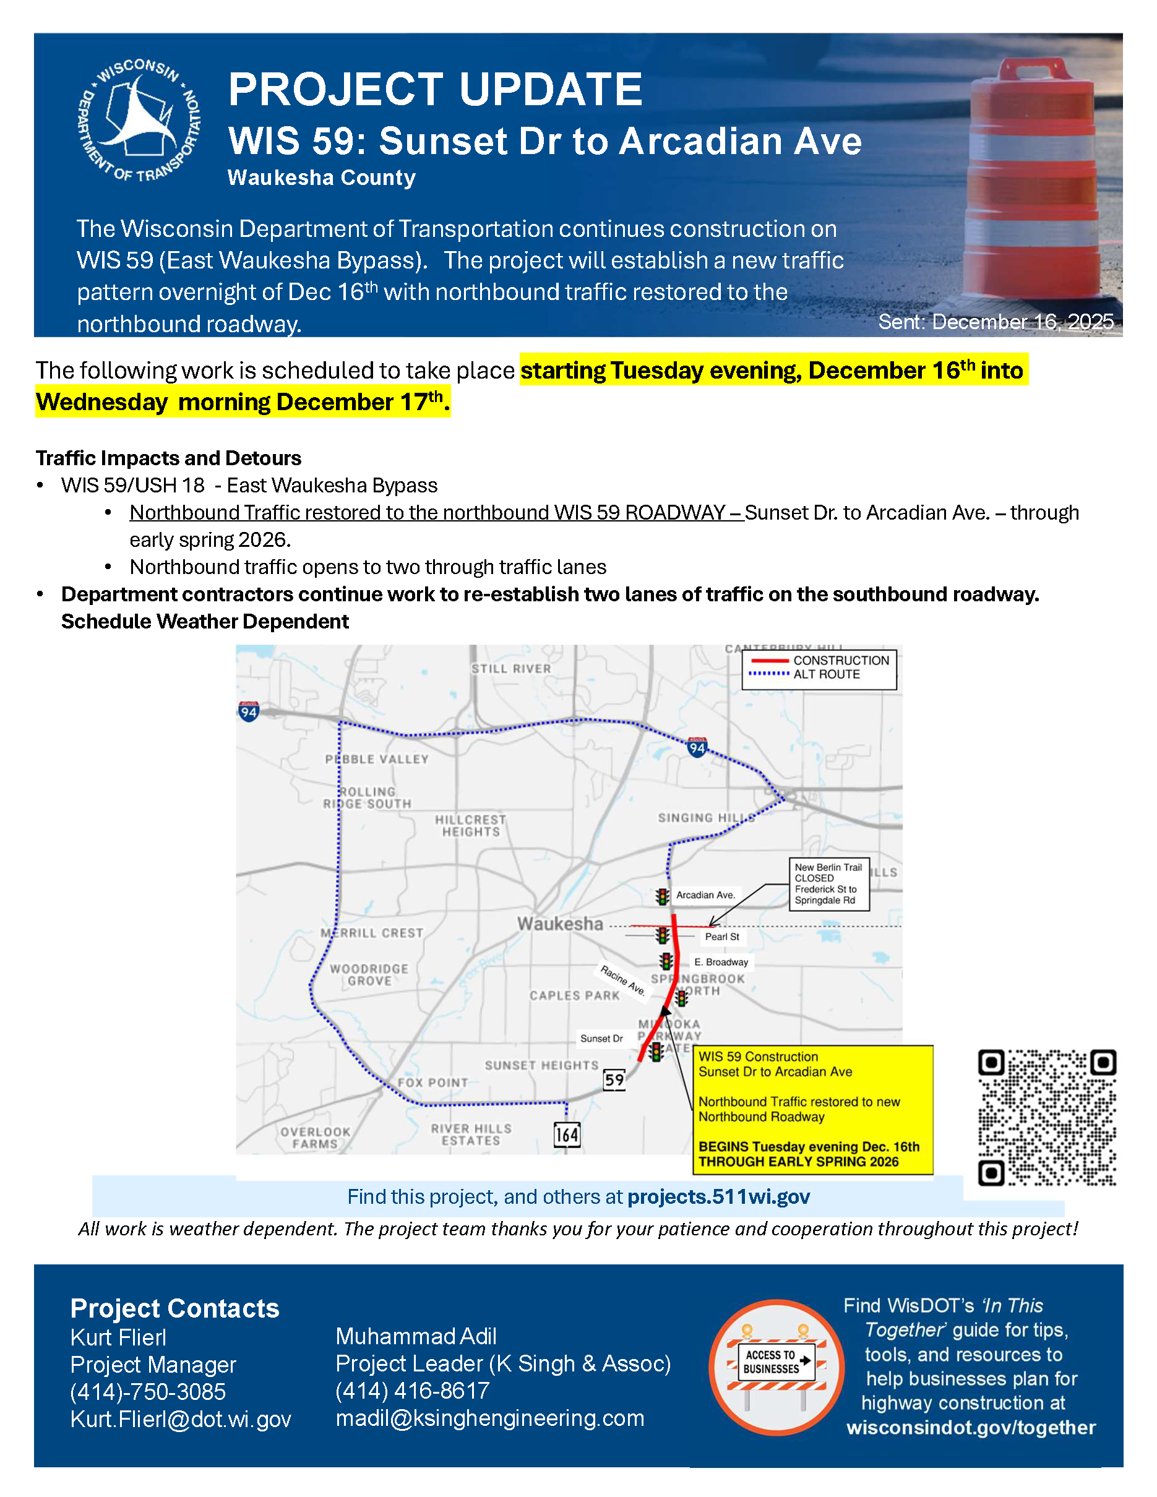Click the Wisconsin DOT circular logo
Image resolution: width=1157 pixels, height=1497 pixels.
pos(139,121)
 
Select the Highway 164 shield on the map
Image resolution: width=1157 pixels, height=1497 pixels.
pos(567,1135)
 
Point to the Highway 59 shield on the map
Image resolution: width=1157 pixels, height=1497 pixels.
pos(614,1079)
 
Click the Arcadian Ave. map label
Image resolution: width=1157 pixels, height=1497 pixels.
pos(705,894)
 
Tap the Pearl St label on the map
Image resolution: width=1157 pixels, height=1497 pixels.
pos(722,937)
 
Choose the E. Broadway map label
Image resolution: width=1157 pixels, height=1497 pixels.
pos(721,962)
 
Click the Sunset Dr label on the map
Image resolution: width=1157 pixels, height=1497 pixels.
pos(601,1039)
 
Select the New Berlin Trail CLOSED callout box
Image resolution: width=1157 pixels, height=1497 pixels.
pos(828,883)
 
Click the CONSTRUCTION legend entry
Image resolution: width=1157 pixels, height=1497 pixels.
pos(840,660)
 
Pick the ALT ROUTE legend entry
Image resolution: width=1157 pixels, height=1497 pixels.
pos(826,674)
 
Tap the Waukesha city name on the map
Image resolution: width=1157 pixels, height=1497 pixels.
pos(560,924)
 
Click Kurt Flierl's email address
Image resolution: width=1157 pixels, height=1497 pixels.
pos(181,1418)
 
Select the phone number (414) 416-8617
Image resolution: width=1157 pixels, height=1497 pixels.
pos(413,1390)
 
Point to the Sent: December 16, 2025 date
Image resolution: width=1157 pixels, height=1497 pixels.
pos(996,322)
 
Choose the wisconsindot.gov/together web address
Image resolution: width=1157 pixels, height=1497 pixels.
pos(971,1427)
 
